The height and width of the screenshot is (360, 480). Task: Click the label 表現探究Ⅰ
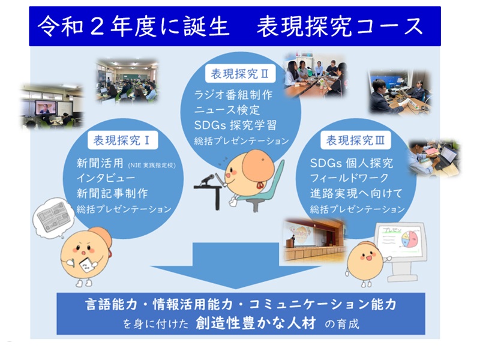pyautogui.click(x=122, y=140)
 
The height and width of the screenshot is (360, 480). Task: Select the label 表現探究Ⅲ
pyautogui.click(x=355, y=140)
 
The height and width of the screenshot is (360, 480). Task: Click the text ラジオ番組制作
pyautogui.click(x=233, y=95)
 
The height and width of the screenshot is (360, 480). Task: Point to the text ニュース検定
pyautogui.click(x=227, y=110)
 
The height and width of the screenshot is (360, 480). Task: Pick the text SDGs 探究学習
pyautogui.click(x=235, y=125)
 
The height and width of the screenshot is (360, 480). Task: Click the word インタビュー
pyautogui.click(x=106, y=178)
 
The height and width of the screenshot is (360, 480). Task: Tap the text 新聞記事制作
pyautogui.click(x=112, y=193)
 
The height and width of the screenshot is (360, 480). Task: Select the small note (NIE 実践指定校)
pyautogui.click(x=152, y=166)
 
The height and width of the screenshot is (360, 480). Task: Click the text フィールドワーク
pyautogui.click(x=349, y=178)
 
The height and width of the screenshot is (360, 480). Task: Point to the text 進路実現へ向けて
pyautogui.click(x=356, y=193)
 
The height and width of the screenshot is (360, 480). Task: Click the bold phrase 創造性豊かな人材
pyautogui.click(x=256, y=323)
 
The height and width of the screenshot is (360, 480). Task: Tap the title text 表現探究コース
pyautogui.click(x=340, y=26)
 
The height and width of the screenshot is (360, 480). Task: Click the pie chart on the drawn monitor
pyautogui.click(x=410, y=239)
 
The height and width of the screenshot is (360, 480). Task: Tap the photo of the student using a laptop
pyautogui.click(x=434, y=158)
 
